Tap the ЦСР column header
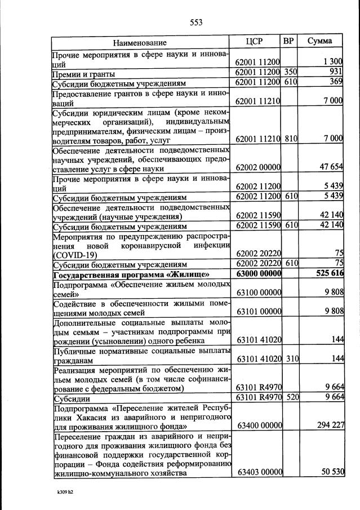pyautogui.click(x=255, y=41)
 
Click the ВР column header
pyautogui.click(x=288, y=41)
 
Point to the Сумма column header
pyautogui.click(x=319, y=41)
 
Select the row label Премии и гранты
pyautogui.click(x=84, y=74)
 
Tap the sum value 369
pyautogui.click(x=336, y=83)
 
